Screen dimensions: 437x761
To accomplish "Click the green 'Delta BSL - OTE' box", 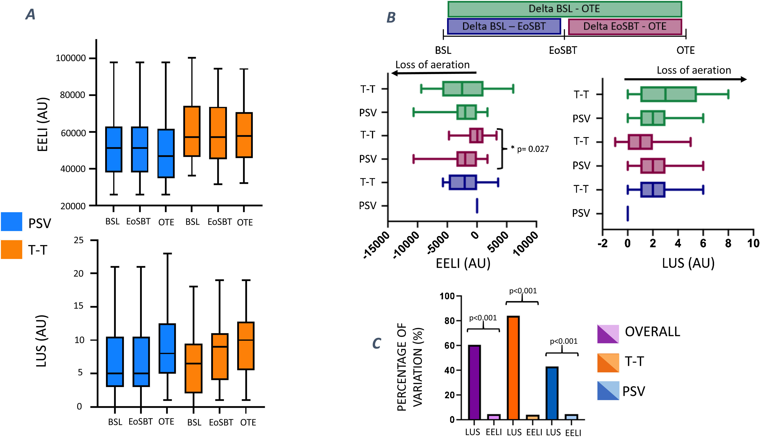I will [564, 9].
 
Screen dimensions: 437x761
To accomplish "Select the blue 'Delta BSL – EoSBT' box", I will [504, 26].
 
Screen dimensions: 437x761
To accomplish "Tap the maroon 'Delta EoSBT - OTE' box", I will [625, 26].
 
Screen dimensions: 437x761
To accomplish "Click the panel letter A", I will [30, 14].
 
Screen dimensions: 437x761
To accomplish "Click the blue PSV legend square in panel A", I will [11, 221].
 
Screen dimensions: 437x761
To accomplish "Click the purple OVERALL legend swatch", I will [608, 334].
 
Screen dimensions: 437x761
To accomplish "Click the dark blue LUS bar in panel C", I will [552, 393].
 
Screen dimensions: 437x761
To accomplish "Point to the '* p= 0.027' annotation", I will [530, 149].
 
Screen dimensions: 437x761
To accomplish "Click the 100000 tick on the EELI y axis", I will [71, 58].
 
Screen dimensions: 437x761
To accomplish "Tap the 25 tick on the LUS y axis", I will [79, 240].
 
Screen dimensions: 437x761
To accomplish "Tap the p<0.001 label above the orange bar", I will [523, 291].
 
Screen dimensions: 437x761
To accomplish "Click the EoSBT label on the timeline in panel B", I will [563, 50].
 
